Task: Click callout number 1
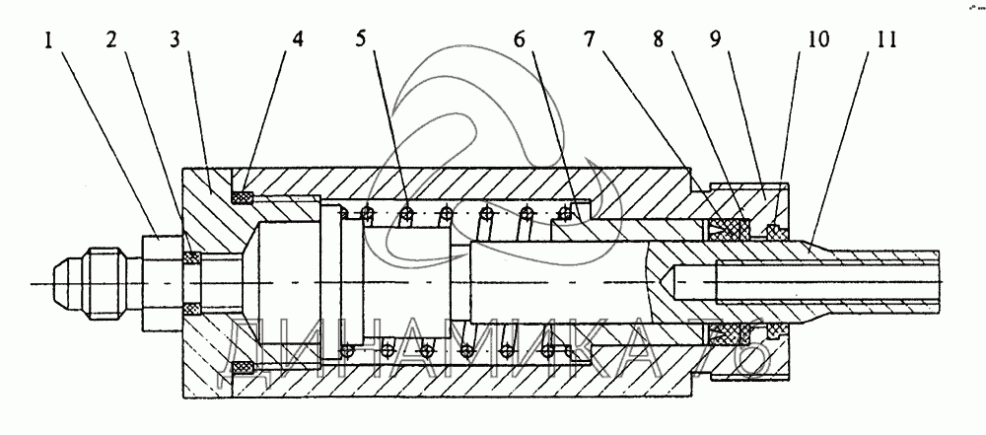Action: (48, 42)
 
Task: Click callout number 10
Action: (817, 42)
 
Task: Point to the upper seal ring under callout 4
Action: (242, 197)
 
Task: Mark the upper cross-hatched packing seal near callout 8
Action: (731, 229)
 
